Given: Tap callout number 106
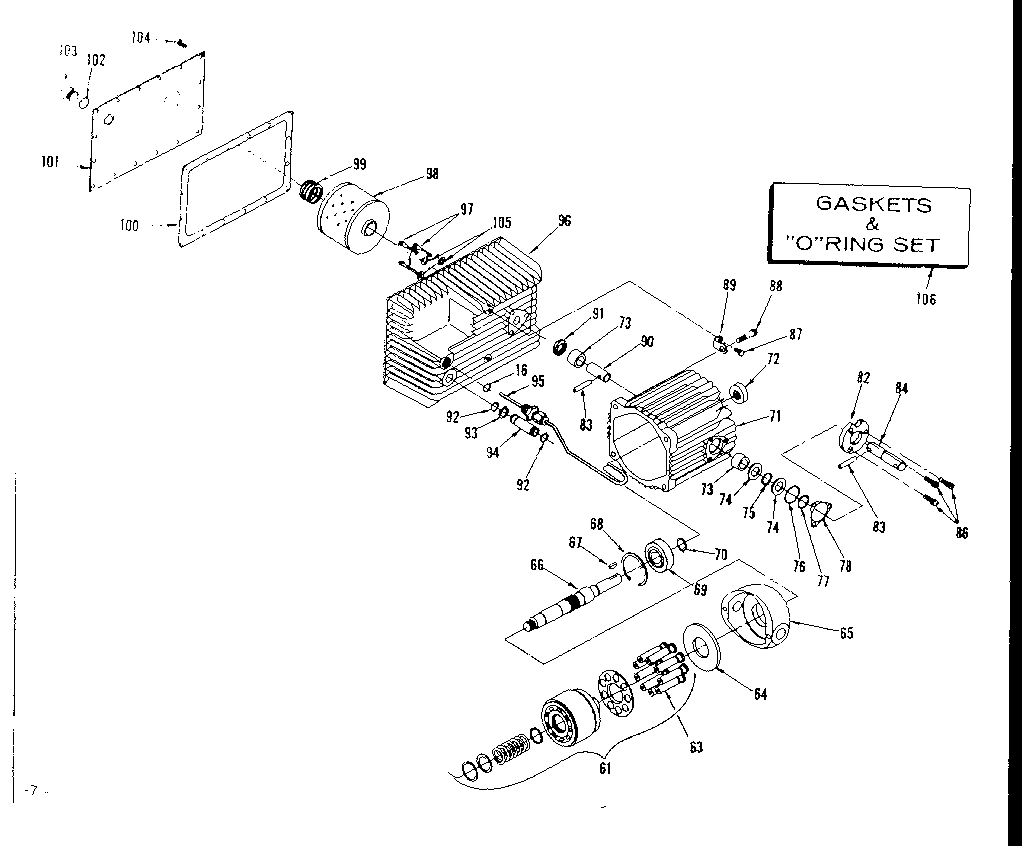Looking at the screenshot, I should [x=927, y=298].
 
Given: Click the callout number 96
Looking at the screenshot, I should [x=565, y=221].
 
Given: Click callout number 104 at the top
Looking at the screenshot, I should [x=141, y=38].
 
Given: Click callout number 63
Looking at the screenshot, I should [x=695, y=746].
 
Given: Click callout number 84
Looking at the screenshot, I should [x=901, y=389].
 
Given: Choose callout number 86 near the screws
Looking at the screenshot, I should [x=961, y=533].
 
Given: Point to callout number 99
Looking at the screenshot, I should [x=359, y=164].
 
